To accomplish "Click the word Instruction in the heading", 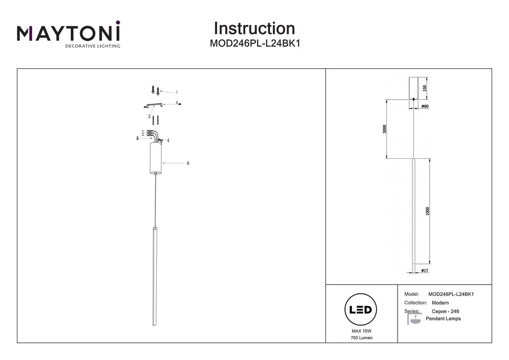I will [254, 29].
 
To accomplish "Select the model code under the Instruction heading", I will [254, 44].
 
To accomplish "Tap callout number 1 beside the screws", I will [177, 93].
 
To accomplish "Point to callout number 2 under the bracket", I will [150, 117].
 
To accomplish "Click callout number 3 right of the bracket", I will [177, 102].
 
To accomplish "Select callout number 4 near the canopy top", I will [168, 140].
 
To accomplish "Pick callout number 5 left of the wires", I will [137, 138].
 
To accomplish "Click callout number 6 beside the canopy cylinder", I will [188, 163].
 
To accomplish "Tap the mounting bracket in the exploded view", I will [154, 105].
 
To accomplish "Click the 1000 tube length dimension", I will [428, 211].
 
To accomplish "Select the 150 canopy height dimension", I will [424, 88].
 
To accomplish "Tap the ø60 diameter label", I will [425, 106].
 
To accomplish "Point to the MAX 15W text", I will [361, 331].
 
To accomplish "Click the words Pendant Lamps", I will [443, 319].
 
